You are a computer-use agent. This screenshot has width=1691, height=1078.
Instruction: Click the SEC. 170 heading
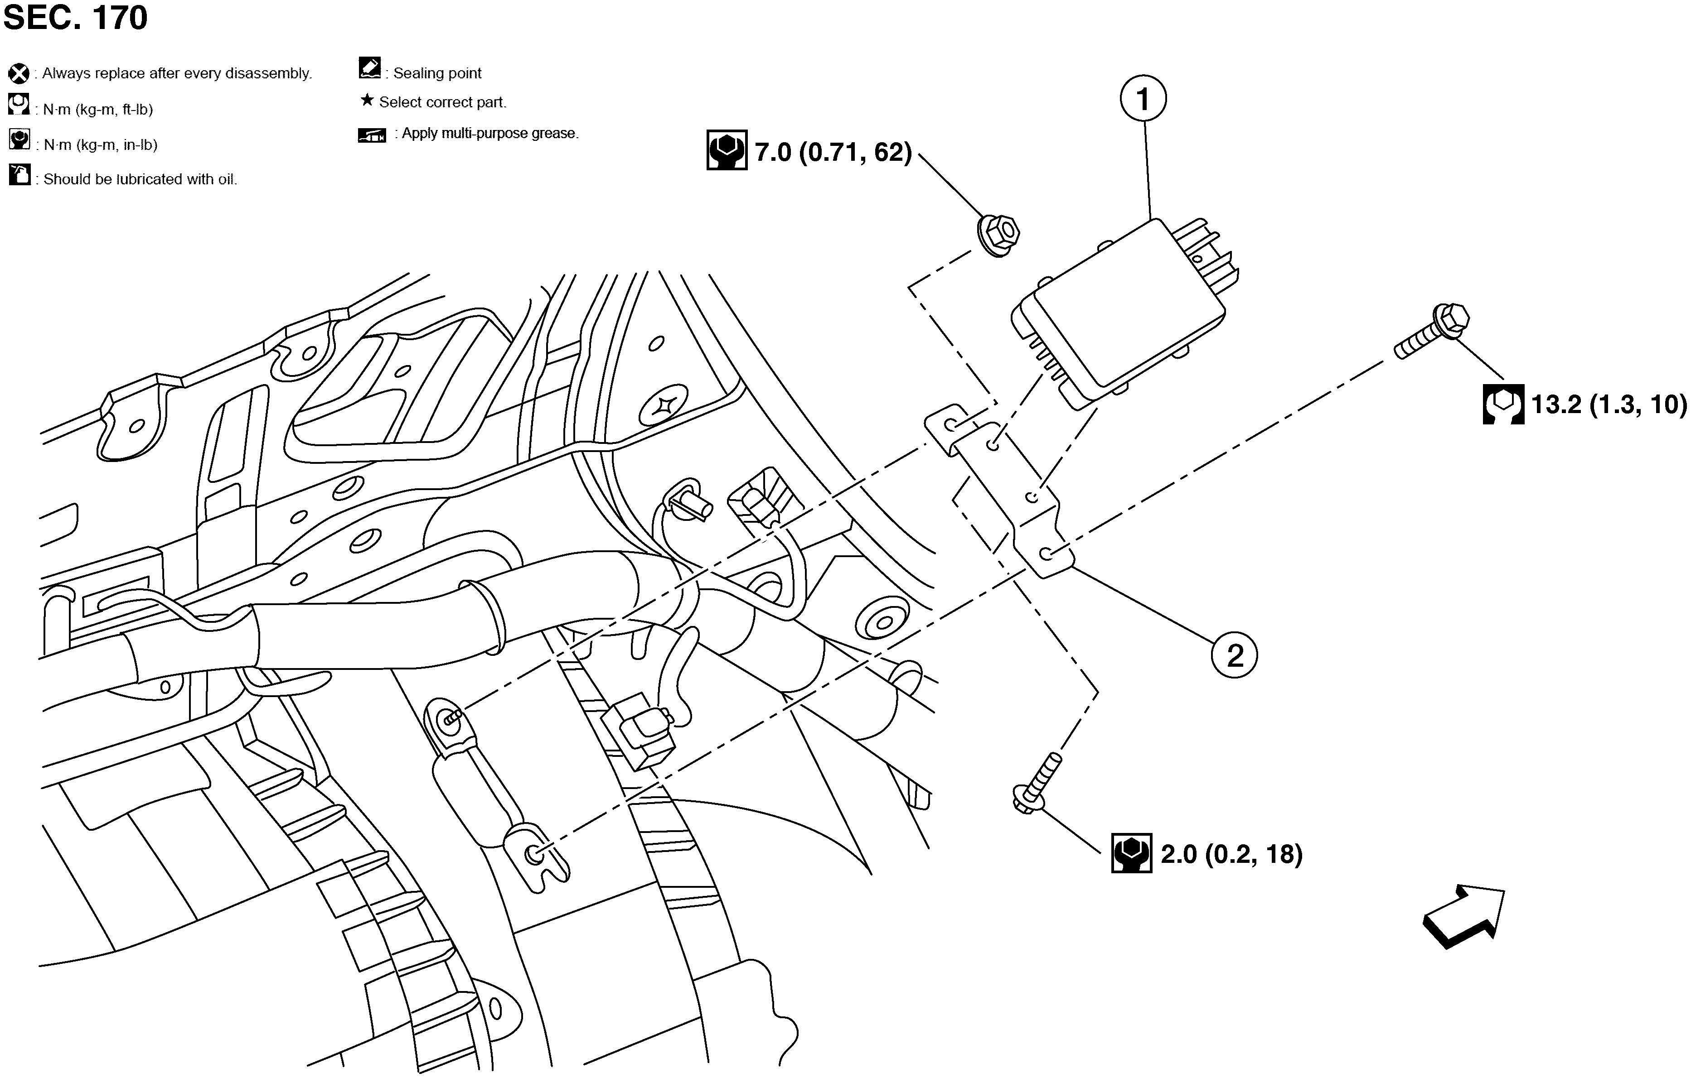75,18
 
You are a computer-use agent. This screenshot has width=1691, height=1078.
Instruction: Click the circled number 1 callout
1143,99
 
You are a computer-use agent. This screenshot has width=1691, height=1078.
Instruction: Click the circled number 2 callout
1234,655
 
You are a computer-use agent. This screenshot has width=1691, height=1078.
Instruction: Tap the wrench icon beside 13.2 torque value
1503,404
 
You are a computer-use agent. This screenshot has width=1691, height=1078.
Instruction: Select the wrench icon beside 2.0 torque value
1131,853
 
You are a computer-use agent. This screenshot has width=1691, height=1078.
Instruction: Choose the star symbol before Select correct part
367,101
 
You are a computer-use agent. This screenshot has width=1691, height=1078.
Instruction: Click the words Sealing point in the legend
437,73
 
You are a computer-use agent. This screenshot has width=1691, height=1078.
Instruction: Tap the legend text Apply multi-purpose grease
489,133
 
